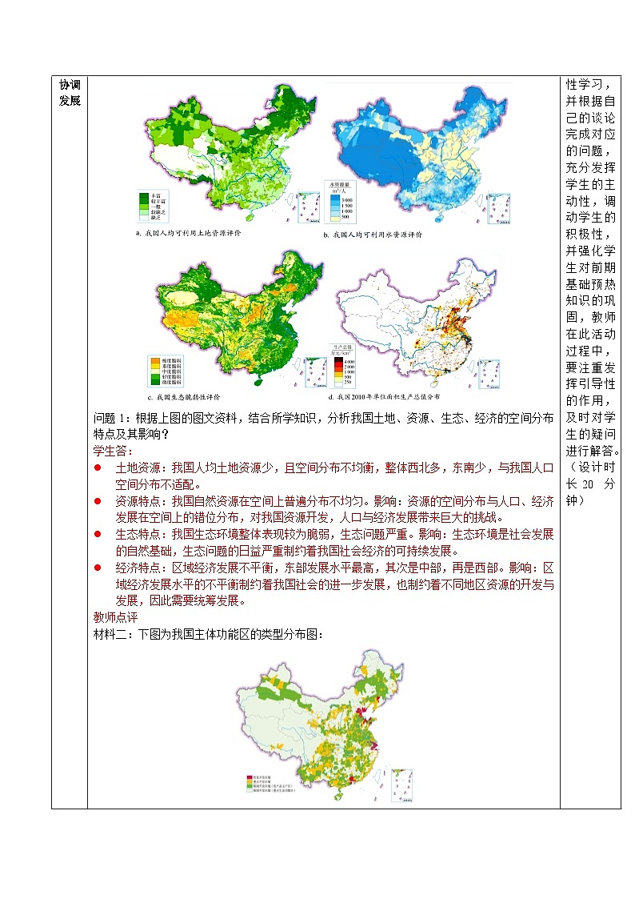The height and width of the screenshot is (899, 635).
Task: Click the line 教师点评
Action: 116,617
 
